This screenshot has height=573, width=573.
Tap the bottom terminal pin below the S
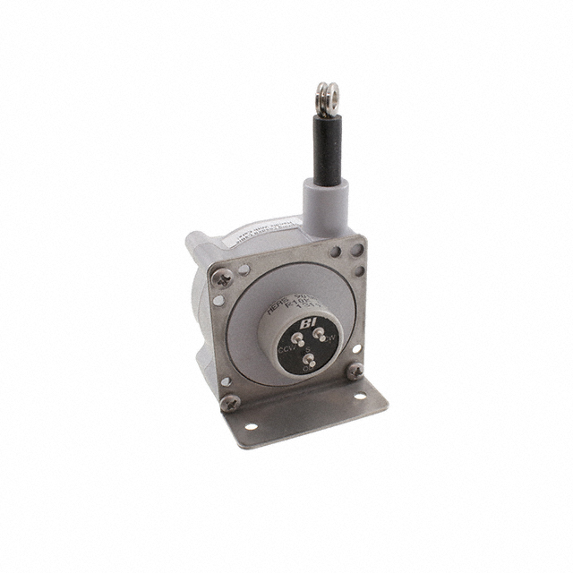[x=309, y=362]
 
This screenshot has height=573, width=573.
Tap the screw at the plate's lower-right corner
[x=355, y=369]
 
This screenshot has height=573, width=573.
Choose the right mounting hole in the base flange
[x=361, y=398]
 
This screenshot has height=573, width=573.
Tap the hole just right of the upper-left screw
[x=242, y=268]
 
